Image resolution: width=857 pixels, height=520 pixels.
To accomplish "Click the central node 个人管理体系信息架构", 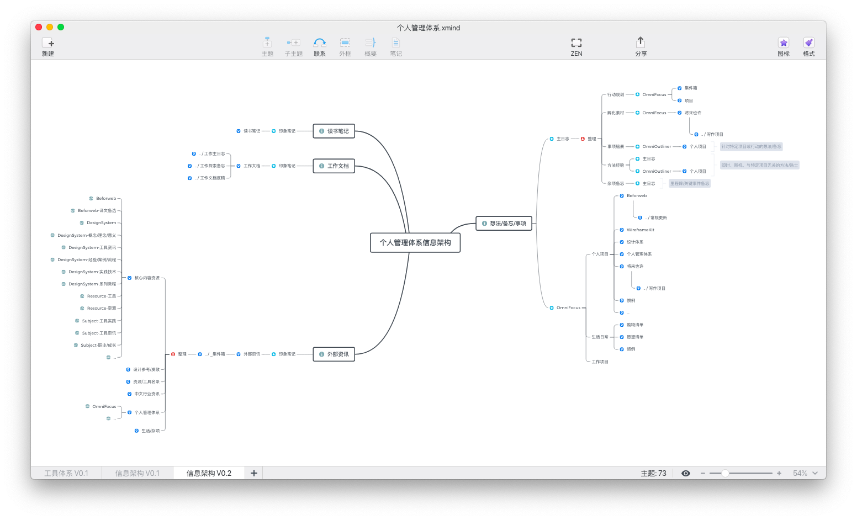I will (415, 243).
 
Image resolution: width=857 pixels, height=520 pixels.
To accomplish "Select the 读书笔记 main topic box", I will (334, 131).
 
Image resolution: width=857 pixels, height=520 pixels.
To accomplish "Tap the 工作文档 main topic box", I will (334, 166).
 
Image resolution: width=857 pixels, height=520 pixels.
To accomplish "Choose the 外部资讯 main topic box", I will (334, 354).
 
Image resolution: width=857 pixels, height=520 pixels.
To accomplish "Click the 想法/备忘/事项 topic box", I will (504, 224).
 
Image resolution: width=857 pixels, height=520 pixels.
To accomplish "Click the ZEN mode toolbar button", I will (576, 46).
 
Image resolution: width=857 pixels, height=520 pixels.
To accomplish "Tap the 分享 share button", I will (641, 46).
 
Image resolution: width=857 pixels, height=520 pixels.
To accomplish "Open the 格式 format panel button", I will (808, 46).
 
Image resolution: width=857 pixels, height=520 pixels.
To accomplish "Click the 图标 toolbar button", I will (783, 46).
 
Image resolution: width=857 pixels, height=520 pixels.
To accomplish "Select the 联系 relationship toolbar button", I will (320, 46).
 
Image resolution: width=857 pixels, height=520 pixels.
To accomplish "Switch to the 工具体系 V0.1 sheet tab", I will (66, 474).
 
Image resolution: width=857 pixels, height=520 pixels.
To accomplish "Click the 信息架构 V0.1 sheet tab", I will (137, 474).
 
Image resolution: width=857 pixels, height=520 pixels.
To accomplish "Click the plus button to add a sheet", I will (254, 473).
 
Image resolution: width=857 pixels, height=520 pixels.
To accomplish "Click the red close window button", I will (39, 27).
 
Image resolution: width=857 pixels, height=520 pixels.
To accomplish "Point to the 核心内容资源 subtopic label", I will (147, 278).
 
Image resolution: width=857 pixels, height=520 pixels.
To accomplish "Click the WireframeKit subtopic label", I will (641, 230).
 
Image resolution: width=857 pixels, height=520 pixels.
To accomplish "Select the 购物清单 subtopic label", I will (635, 325).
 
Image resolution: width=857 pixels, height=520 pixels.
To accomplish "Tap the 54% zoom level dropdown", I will (805, 474).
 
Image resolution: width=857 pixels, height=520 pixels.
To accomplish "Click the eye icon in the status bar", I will (686, 474).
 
